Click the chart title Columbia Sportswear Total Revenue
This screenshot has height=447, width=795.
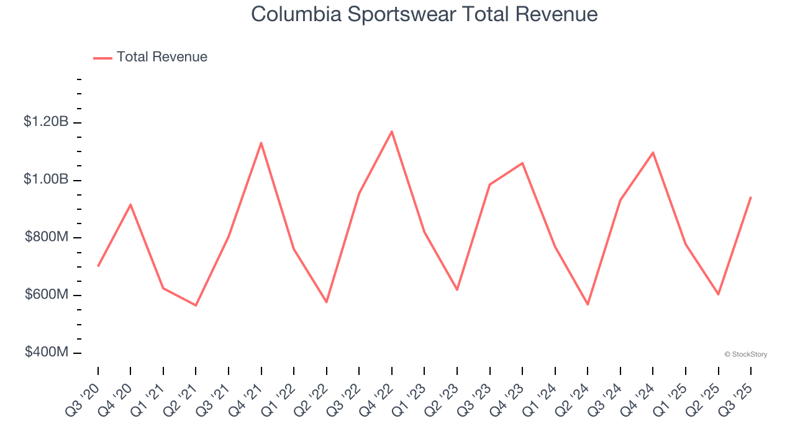[x=424, y=14]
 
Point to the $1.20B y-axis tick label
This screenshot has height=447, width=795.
[x=46, y=122]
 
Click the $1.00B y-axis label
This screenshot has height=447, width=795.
[x=46, y=179]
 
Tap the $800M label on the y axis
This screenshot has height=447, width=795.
[x=47, y=237]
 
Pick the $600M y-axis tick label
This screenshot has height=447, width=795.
[x=47, y=294]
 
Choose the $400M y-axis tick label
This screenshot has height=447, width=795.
[x=47, y=352]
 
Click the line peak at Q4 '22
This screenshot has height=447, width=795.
[x=392, y=131]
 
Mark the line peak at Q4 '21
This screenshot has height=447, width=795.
[x=261, y=143]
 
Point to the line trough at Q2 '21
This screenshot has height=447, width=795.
[x=196, y=305]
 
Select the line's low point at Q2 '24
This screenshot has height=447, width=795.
[x=588, y=304]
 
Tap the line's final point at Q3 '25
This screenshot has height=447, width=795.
[x=751, y=197]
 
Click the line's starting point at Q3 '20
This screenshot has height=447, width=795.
[x=98, y=266]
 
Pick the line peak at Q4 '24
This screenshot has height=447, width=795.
[x=653, y=152]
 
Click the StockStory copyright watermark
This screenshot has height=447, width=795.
[x=745, y=354]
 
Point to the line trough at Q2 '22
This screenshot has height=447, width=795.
[x=327, y=302]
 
